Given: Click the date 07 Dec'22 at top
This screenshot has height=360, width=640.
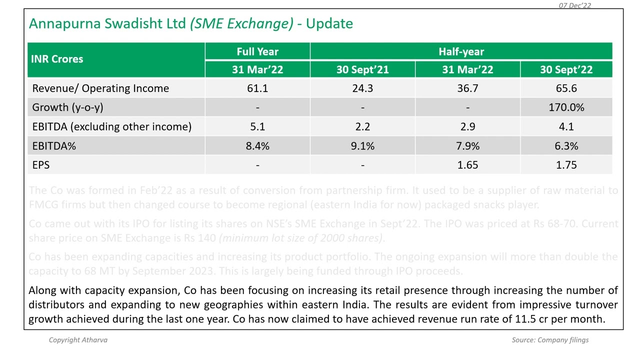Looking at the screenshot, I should tap(574, 5).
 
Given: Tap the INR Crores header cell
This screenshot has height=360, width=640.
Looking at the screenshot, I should tap(57, 59).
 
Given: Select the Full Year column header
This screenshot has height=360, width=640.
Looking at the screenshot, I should tap(257, 51).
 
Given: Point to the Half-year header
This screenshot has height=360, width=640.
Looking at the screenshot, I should tap(461, 51).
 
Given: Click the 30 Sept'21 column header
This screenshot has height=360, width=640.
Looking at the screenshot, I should tap(362, 69).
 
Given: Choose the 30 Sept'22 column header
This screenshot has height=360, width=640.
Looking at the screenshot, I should tap(566, 69).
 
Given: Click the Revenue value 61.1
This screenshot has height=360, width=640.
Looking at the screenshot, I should tap(257, 88).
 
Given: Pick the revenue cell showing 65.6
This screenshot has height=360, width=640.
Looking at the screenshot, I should tap(566, 88).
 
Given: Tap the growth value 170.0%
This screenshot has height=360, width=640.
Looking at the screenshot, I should tap(566, 107).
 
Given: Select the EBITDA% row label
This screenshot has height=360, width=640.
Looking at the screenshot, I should tap(54, 146).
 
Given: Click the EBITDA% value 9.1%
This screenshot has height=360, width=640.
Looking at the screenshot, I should tap(362, 146).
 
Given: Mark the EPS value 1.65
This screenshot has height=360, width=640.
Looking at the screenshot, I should tap(467, 165).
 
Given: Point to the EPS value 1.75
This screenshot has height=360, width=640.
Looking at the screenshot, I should tap(566, 165).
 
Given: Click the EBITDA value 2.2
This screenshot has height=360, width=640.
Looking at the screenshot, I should tap(362, 126).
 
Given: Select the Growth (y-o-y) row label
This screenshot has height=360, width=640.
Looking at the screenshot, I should tap(67, 107).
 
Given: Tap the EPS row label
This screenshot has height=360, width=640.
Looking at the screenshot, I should tap(41, 165).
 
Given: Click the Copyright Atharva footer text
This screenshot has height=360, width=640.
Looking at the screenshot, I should tap(78, 340).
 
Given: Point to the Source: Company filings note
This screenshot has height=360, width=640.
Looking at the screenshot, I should tap(550, 340).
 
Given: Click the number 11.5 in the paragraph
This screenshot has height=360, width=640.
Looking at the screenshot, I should tap(525, 319).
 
